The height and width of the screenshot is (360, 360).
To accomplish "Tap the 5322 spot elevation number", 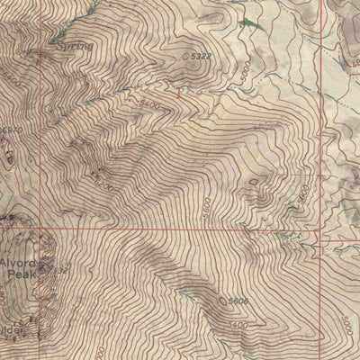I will pyautogui.click(x=202, y=57).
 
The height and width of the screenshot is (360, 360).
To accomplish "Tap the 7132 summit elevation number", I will pyautogui.click(x=58, y=269).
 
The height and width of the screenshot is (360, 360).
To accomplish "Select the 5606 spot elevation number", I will pyautogui.click(x=238, y=301).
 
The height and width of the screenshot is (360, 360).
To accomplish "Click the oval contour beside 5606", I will pyautogui.click(x=222, y=301).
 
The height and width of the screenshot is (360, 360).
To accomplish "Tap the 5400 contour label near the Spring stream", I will pyautogui.click(x=150, y=105).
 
